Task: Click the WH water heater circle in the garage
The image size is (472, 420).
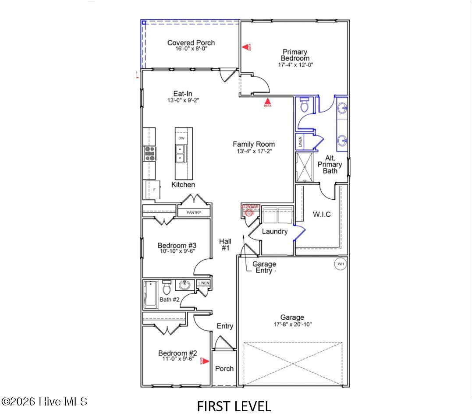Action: tap(341, 264)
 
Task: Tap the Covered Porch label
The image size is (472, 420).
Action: tap(191, 43)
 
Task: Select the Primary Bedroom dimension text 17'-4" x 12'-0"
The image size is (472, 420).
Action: tap(295, 65)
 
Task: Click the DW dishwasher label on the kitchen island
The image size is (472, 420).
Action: tap(181, 138)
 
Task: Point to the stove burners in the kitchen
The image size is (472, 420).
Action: tap(150, 154)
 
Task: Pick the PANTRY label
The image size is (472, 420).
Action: tap(194, 213)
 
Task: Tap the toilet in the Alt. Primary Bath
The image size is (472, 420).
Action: tap(305, 105)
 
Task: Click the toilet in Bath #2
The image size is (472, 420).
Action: tap(166, 289)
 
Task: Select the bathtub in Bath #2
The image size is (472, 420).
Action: tap(151, 295)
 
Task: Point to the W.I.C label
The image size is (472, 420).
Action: tap(322, 215)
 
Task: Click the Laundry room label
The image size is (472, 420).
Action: tap(274, 232)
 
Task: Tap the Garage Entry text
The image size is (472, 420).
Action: tap(264, 267)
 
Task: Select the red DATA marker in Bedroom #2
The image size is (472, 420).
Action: tap(203, 361)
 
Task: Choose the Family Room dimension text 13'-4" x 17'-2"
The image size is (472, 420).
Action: tap(253, 152)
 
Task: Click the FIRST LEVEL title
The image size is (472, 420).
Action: tap(234, 406)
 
